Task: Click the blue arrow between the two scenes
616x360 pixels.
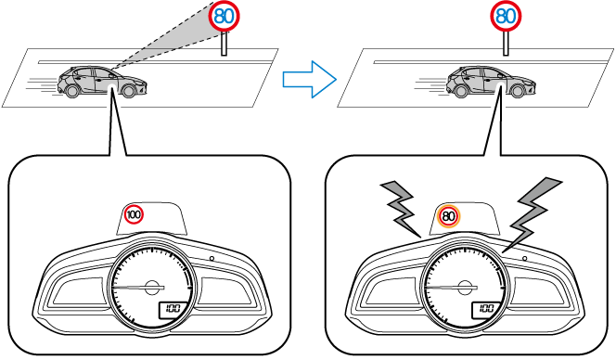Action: [310, 79]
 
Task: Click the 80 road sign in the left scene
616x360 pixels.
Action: [224, 17]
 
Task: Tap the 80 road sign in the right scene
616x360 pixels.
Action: [506, 17]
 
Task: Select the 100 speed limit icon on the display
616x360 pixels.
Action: [134, 215]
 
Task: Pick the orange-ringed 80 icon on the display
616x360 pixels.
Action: [449, 216]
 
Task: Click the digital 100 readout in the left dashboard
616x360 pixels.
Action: [172, 308]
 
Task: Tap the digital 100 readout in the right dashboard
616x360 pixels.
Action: [486, 308]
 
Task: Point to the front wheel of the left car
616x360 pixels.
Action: [128, 91]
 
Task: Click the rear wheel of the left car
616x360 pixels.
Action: [72, 91]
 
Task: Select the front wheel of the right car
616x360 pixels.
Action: [518, 91]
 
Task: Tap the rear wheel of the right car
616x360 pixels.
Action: [461, 91]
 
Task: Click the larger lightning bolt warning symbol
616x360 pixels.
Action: [532, 214]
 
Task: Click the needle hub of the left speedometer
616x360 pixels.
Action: [151, 288]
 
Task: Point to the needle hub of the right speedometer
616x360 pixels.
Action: [466, 288]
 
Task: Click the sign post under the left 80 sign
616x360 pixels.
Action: [224, 44]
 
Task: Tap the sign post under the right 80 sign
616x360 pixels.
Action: [506, 44]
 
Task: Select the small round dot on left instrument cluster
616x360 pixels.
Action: [212, 258]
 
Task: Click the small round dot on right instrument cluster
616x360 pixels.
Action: [525, 258]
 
